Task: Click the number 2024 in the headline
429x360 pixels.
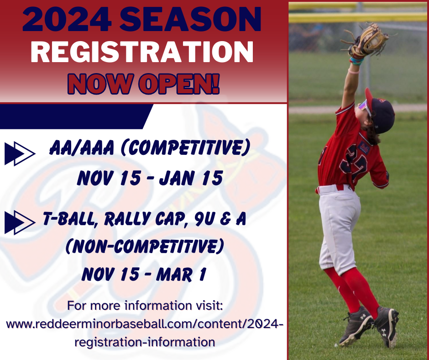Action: (x=67, y=19)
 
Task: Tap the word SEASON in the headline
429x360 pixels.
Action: (x=190, y=19)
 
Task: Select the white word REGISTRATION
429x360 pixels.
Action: (x=142, y=52)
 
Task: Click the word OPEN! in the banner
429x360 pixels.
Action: (x=179, y=84)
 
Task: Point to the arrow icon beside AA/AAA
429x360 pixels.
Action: (x=20, y=154)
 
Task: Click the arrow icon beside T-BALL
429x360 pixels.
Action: (x=20, y=222)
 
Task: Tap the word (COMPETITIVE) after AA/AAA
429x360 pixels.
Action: (x=185, y=148)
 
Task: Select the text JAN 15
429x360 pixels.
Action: (x=191, y=178)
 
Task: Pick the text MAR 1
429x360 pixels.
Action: (x=181, y=274)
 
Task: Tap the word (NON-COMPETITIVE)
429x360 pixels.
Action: (x=145, y=246)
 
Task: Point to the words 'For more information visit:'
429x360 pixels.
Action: (x=145, y=306)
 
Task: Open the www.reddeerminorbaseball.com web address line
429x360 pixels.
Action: (x=145, y=324)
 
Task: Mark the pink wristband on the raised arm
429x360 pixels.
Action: (x=353, y=72)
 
